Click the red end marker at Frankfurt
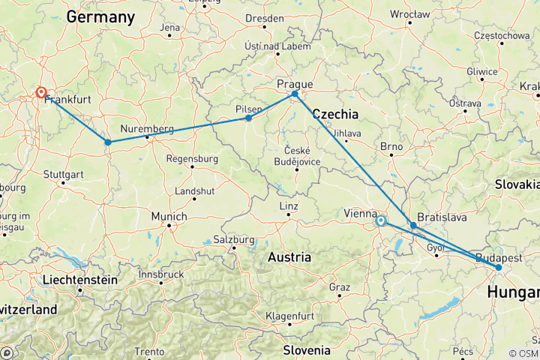click(41, 93)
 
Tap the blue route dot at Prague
click(295, 94)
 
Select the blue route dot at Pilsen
click(249, 118)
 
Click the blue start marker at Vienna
click(380, 220)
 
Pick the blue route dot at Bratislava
click(413, 225)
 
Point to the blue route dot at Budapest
click(498, 267)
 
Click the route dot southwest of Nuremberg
click(108, 142)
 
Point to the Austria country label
click(289, 256)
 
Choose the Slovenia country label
click(306, 349)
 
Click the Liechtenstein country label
click(79, 279)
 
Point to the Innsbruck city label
click(160, 274)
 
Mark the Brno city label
click(391, 146)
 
